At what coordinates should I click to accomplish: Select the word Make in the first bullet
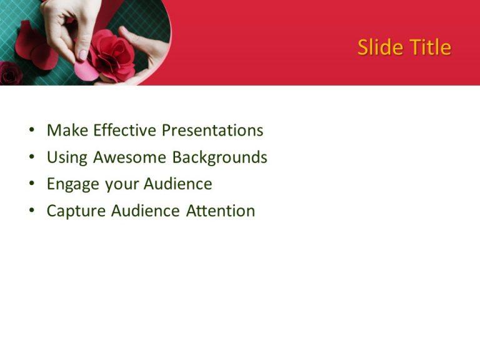(x=67, y=131)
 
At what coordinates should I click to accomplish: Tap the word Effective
(x=124, y=131)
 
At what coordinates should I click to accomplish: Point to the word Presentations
(x=212, y=131)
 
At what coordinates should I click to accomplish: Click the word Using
(x=67, y=157)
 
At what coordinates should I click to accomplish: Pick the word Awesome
(x=130, y=157)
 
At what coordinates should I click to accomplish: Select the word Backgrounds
(x=219, y=157)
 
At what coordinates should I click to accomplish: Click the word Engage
(x=73, y=184)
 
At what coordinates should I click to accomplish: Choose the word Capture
(x=76, y=211)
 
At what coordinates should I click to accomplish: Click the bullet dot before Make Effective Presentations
(x=31, y=131)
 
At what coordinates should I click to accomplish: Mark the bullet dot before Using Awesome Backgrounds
(x=31, y=158)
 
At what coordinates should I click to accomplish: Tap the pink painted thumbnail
(x=82, y=55)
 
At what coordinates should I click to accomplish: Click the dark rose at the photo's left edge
(x=9, y=73)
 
